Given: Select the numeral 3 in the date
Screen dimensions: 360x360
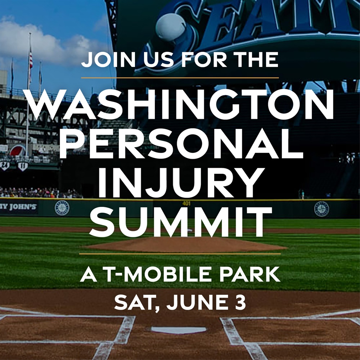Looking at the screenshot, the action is click(x=240, y=302).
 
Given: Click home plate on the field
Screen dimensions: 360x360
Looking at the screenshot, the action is click(x=179, y=330).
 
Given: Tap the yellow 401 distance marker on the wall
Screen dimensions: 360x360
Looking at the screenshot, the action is click(x=186, y=203).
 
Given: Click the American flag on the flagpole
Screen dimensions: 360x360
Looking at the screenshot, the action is click(x=31, y=60).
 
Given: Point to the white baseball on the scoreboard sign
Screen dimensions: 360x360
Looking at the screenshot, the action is click(x=170, y=28).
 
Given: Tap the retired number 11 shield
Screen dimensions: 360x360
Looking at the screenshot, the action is click(x=22, y=165).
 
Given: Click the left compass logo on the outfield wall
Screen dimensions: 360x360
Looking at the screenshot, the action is click(x=62, y=208).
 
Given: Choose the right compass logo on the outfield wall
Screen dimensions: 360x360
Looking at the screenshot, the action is click(x=321, y=209).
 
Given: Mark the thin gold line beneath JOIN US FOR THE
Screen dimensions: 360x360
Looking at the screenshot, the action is click(x=180, y=78).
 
